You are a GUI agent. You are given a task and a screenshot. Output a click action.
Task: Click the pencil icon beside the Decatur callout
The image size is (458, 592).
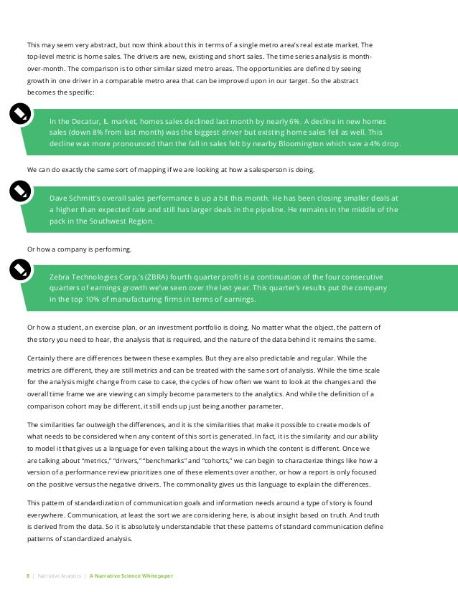[x=19, y=113]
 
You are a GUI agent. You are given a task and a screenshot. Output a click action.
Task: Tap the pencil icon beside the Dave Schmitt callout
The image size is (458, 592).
[x=19, y=191]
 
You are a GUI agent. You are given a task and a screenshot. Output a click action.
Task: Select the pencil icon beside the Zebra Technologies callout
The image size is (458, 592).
[x=19, y=269]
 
